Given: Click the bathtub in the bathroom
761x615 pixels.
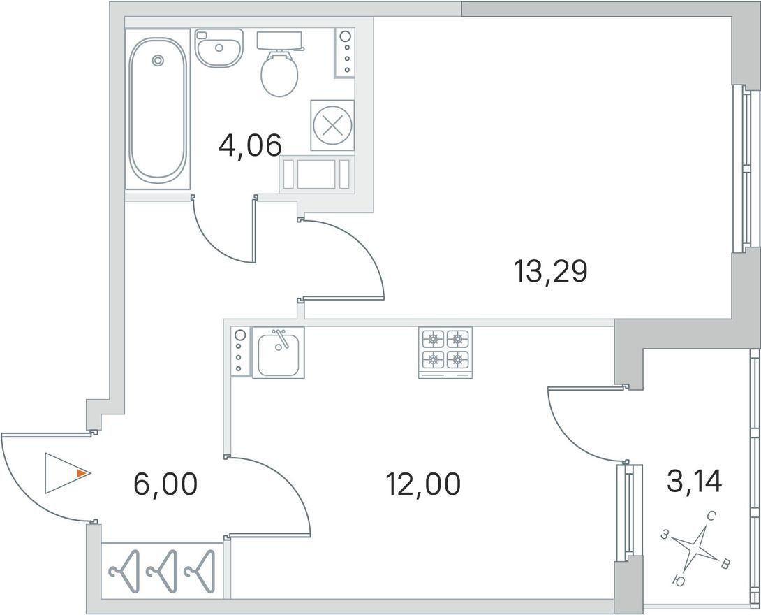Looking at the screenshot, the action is tap(158, 109).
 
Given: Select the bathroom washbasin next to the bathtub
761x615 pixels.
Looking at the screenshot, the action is tap(219, 48).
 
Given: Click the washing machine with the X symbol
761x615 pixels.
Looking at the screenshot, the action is tap(332, 126).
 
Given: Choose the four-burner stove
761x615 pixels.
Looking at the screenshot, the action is tap(445, 352).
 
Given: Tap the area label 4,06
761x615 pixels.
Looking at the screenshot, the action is tap(250, 145).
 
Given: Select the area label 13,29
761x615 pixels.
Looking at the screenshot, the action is tap(550, 272).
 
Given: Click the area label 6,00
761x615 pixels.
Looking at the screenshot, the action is tap(165, 484).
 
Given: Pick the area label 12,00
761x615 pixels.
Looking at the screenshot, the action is tap(422, 484).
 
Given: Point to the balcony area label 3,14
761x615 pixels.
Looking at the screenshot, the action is tap(695, 482).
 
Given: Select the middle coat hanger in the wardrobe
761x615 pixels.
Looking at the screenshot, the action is tap(161, 571).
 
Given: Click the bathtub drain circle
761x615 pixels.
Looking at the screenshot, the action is tap(157, 60).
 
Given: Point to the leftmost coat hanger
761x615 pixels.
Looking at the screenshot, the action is tap(124, 571).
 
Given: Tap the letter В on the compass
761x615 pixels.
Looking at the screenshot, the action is tap(725, 564).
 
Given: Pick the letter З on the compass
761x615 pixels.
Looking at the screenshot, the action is tap(665, 535).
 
